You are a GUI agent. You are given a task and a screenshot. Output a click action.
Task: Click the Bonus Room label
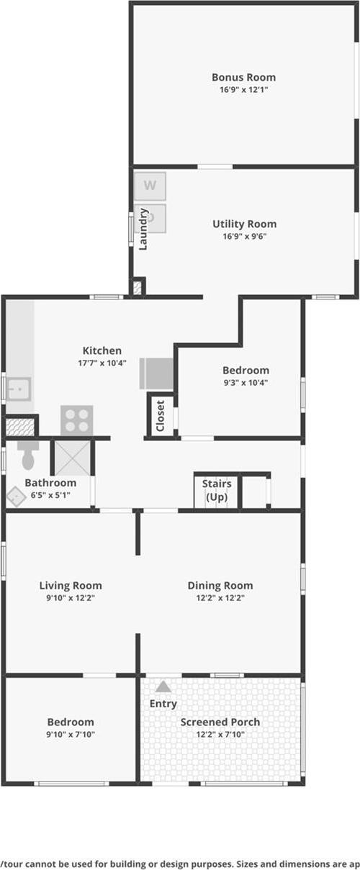[243, 77]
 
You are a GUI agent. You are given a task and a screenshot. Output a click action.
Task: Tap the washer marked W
[150, 186]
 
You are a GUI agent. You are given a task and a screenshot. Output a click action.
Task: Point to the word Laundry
[143, 229]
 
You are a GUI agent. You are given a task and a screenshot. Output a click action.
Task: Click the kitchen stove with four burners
[76, 420]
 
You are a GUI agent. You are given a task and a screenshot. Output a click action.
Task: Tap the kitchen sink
[17, 390]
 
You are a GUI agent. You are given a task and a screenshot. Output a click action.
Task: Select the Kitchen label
[102, 350]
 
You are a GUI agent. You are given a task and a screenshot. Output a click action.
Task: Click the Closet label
[161, 416]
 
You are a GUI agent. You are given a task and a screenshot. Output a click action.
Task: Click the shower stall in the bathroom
[73, 458]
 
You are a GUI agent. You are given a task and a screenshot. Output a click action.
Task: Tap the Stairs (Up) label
[217, 490]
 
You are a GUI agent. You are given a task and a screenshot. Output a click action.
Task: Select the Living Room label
[71, 586]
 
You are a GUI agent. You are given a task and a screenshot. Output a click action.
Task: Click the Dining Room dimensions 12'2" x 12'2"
[220, 598]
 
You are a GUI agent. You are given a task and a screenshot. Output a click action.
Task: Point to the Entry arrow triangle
[163, 687]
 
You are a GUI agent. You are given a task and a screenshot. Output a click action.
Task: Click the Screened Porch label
[220, 722]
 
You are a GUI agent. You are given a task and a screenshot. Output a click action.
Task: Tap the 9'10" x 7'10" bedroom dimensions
[71, 735]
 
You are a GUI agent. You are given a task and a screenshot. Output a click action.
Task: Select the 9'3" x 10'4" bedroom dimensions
[246, 383]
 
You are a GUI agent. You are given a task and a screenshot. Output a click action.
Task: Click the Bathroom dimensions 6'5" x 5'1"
[50, 495]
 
